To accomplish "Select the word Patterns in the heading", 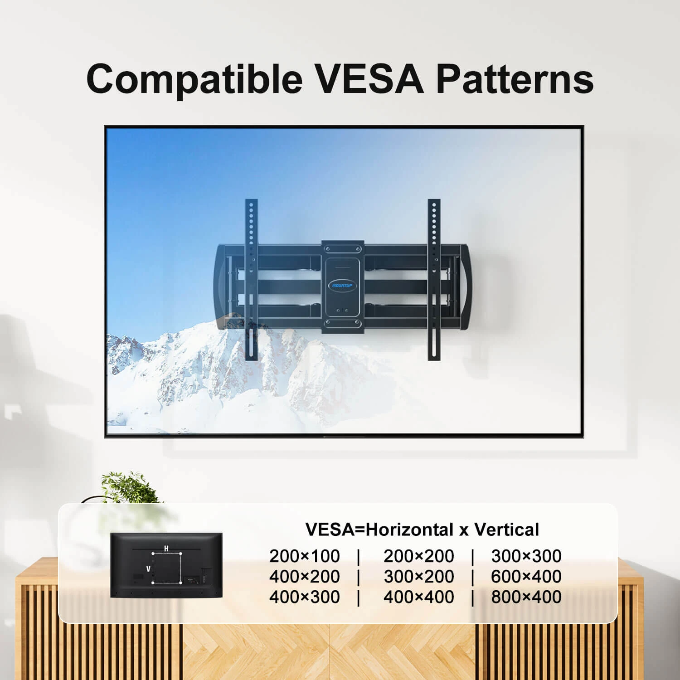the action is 515,78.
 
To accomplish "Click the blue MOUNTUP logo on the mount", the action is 342,285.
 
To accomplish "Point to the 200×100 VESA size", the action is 305,556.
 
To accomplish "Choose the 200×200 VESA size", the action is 419,556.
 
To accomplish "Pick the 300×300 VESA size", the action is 526,556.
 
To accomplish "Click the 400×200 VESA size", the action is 305,576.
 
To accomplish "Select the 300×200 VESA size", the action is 419,576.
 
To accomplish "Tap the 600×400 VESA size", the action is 526,576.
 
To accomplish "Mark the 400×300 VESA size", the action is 305,597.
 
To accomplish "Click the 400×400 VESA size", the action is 419,597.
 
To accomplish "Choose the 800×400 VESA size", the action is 526,597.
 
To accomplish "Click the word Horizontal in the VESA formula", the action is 409,529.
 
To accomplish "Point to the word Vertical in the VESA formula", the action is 506,529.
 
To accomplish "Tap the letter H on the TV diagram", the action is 166,549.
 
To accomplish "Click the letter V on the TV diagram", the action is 148,568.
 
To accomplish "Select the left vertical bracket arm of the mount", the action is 252,279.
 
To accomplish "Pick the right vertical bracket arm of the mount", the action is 434,279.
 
